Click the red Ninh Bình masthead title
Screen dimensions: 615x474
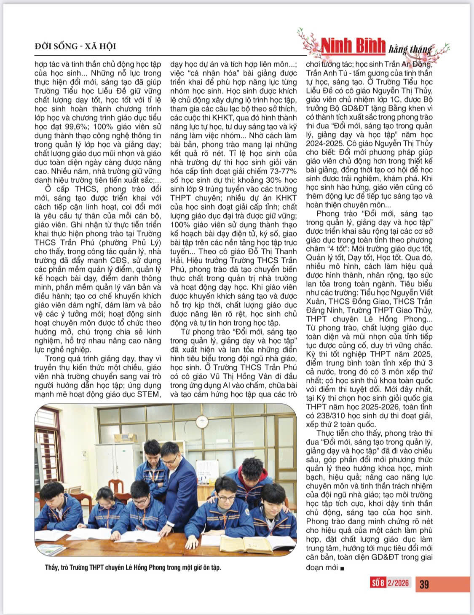click(x=353, y=46)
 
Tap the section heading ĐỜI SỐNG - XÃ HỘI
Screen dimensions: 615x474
click(x=75, y=46)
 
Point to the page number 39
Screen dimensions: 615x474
click(x=424, y=584)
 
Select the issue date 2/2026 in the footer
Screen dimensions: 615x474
click(x=398, y=583)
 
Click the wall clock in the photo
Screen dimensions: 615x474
click(x=202, y=421)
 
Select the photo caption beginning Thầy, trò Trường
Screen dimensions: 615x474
click(x=133, y=567)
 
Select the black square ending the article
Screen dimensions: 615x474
click(x=342, y=568)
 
